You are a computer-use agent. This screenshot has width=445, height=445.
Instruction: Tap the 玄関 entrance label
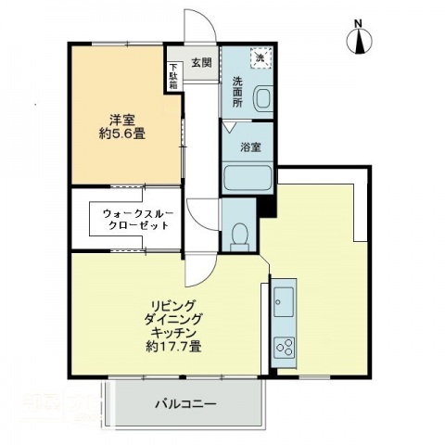click(x=202, y=63)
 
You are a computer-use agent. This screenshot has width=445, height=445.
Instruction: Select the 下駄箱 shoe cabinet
click(x=173, y=75)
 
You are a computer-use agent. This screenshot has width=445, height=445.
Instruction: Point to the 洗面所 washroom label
click(x=237, y=91)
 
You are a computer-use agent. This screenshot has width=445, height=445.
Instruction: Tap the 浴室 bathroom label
click(x=248, y=146)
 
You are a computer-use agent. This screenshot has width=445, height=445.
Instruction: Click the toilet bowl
click(x=240, y=234)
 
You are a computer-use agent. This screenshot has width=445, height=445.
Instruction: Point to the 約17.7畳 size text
click(x=173, y=347)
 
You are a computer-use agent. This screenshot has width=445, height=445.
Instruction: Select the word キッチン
click(x=173, y=332)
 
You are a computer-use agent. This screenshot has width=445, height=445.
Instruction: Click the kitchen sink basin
click(x=284, y=301)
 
